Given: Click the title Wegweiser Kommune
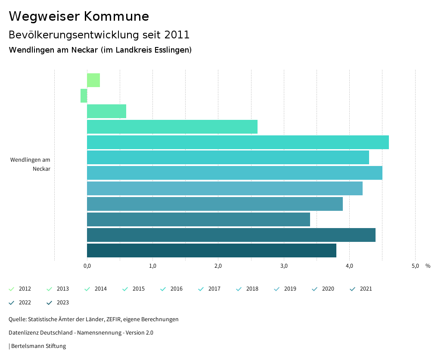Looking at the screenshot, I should [79, 16].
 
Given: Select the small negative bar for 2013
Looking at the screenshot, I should [84, 96].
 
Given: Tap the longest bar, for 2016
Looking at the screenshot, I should [238, 142].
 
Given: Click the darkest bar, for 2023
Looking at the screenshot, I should [211, 250].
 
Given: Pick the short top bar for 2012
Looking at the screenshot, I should [93, 80].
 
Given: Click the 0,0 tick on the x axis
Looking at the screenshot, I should [87, 266].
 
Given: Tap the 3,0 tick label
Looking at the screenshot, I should [284, 266].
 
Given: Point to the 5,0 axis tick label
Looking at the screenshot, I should [415, 266].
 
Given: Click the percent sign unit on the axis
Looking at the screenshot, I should [428, 266].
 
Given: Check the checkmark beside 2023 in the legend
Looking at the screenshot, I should [49, 303].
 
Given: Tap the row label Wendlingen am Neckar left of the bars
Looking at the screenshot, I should [30, 164].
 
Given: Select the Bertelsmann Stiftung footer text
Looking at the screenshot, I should [38, 346].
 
